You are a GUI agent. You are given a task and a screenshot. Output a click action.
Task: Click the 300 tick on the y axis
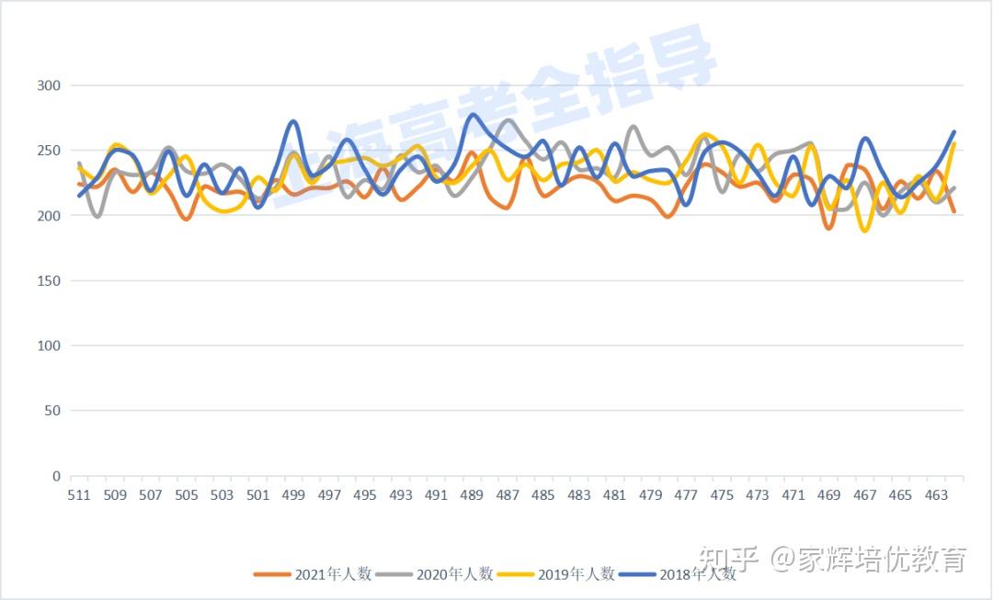[48, 85]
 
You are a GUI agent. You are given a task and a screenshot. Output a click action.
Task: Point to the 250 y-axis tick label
[48, 151]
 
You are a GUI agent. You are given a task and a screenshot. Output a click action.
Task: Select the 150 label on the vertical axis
[48, 281]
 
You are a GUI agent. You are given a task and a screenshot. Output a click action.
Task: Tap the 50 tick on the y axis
[51, 411]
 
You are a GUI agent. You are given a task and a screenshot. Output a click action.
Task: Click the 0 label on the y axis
[56, 476]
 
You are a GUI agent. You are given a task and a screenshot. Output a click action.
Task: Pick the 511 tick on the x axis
[79, 495]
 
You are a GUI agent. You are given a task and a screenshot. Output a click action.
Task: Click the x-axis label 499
[293, 495]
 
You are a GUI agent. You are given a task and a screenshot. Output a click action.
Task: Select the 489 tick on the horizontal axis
[472, 495]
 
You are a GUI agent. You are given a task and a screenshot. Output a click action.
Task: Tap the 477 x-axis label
[686, 495]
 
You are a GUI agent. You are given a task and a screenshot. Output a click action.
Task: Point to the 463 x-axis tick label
[936, 495]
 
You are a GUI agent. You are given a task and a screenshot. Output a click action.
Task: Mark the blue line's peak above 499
[292, 121]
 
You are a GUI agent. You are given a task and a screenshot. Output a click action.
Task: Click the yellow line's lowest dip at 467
[864, 231]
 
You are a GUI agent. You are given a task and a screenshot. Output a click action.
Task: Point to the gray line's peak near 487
[508, 120]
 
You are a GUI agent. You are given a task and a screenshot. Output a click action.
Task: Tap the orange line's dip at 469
[829, 228]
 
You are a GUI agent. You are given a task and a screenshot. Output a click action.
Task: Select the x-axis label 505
[187, 495]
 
